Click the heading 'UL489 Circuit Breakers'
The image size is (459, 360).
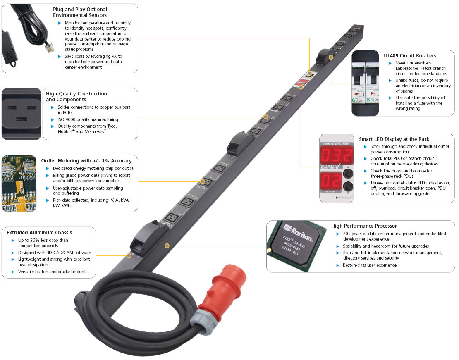coord(410,55)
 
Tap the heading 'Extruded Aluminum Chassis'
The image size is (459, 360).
coord(39,233)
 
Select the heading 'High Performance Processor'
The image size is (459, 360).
coord(364,226)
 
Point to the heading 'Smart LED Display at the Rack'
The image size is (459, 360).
coord(394,139)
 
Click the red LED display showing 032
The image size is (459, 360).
coord(337,155)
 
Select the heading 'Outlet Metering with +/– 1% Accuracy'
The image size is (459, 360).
coord(86,160)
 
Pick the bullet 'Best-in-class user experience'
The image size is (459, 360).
coord(369,265)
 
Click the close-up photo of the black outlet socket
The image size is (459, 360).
coord(21,113)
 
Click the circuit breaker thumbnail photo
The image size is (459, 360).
coord(366,83)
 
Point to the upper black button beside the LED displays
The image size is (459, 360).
coord(349,172)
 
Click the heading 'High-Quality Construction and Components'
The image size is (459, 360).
coord(76,97)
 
